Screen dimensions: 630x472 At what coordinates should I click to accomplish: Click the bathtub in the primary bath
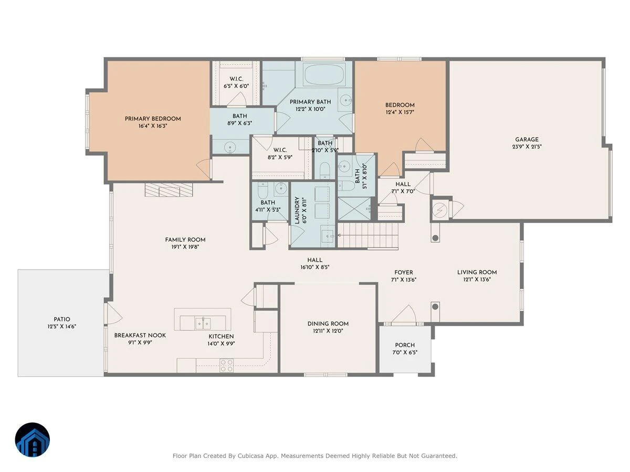pyautogui.click(x=324, y=75)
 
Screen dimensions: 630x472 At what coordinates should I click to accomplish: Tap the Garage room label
pyautogui.click(x=527, y=140)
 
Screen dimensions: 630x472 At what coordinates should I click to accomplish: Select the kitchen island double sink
pyautogui.click(x=203, y=323)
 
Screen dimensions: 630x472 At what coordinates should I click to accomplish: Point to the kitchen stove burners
pyautogui.click(x=226, y=366)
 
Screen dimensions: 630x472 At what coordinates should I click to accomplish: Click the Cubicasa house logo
pyautogui.click(x=33, y=439)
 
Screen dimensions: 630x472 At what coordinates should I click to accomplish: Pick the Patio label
pyautogui.click(x=62, y=319)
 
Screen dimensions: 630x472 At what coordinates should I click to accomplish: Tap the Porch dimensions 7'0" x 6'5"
pyautogui.click(x=405, y=352)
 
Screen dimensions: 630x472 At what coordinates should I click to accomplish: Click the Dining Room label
pyautogui.click(x=328, y=324)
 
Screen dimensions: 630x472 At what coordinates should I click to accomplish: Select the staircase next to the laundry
pyautogui.click(x=368, y=235)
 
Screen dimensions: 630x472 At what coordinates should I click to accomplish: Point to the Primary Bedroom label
pyautogui.click(x=153, y=119)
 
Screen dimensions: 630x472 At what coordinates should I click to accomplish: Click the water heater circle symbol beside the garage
pyautogui.click(x=440, y=209)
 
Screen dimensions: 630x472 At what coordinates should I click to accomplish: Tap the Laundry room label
pyautogui.click(x=297, y=210)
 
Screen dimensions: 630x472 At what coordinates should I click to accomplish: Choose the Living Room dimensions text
pyautogui.click(x=477, y=280)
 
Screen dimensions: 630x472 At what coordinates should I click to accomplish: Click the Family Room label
pyautogui.click(x=185, y=240)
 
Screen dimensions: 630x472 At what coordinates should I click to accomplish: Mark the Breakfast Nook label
pyautogui.click(x=140, y=335)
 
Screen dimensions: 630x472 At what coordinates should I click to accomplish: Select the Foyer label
pyautogui.click(x=404, y=272)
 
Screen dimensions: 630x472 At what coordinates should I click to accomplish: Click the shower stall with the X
pyautogui.click(x=355, y=209)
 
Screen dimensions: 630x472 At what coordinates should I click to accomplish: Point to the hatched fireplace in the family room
pyautogui.click(x=169, y=190)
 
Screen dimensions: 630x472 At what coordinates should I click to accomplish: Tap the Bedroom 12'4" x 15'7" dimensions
pyautogui.click(x=400, y=112)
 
